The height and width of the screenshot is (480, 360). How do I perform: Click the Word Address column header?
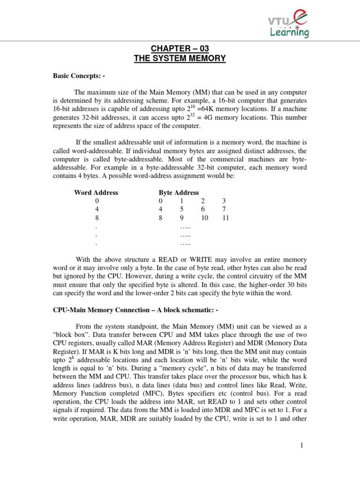point(96,193)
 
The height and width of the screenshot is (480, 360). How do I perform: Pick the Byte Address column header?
point(179,193)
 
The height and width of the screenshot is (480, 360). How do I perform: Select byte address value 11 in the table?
point(225,218)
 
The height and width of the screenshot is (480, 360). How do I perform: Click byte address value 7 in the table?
point(224,210)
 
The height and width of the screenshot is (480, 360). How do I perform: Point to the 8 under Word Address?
point(97,218)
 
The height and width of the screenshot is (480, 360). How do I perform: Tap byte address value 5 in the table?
point(181,210)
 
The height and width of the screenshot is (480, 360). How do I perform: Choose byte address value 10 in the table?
point(203,218)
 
